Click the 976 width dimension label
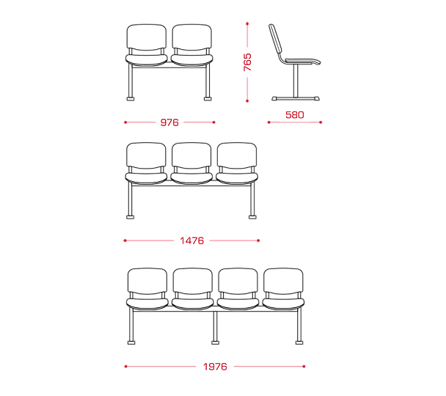[x=169, y=122]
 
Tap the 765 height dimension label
[x=247, y=62]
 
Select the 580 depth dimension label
[x=295, y=115]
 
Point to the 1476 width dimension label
[x=192, y=241]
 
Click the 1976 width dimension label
[x=215, y=367]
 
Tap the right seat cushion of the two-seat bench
[x=191, y=60]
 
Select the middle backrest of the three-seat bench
[x=191, y=156]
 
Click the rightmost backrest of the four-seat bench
[x=283, y=282]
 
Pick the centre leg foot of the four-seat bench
[x=216, y=342]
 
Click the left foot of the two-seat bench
[x=131, y=99]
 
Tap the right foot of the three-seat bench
[x=252, y=217]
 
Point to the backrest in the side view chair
[x=275, y=40]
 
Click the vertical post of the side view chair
[x=296, y=81]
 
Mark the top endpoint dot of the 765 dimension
[x=247, y=23]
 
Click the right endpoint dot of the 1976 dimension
[x=304, y=367]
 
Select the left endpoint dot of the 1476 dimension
[x=125, y=241]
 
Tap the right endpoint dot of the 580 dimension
[x=321, y=122]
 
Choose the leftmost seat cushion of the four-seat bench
[x=147, y=304]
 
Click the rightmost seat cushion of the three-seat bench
[x=237, y=178]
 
